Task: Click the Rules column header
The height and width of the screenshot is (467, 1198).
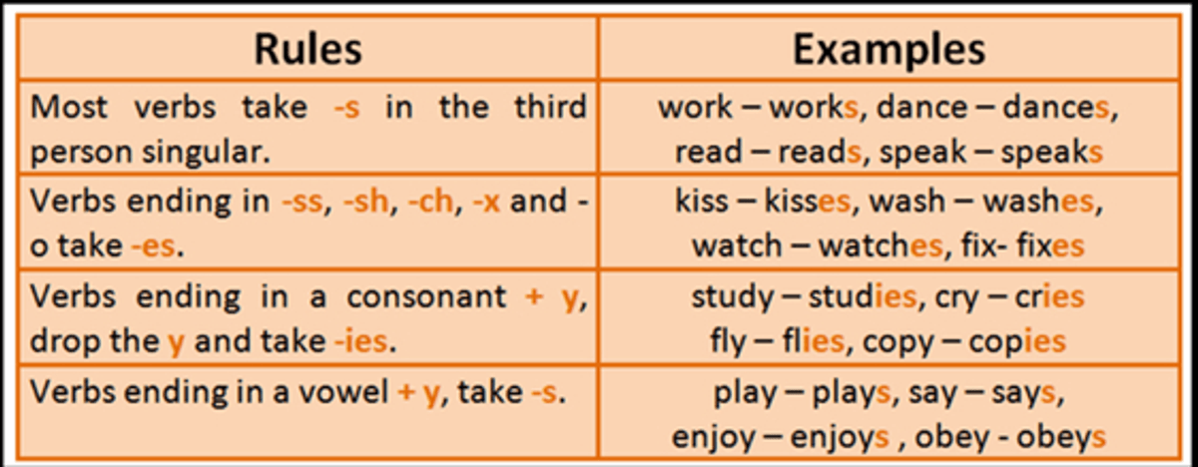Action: point(308,49)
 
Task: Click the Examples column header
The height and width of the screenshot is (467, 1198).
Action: point(889,49)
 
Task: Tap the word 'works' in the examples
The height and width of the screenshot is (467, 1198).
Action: point(814,108)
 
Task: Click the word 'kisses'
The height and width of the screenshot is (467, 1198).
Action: point(807,202)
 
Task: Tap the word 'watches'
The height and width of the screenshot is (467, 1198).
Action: point(881,246)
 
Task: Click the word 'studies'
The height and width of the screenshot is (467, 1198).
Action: point(863,296)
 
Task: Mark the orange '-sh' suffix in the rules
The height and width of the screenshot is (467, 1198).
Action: point(365,202)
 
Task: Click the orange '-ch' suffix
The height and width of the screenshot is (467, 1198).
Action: point(430,202)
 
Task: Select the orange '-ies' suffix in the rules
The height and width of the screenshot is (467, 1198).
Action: point(360,341)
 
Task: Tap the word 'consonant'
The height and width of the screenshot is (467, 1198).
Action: point(426,297)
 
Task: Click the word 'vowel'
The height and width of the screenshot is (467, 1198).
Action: point(342,393)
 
